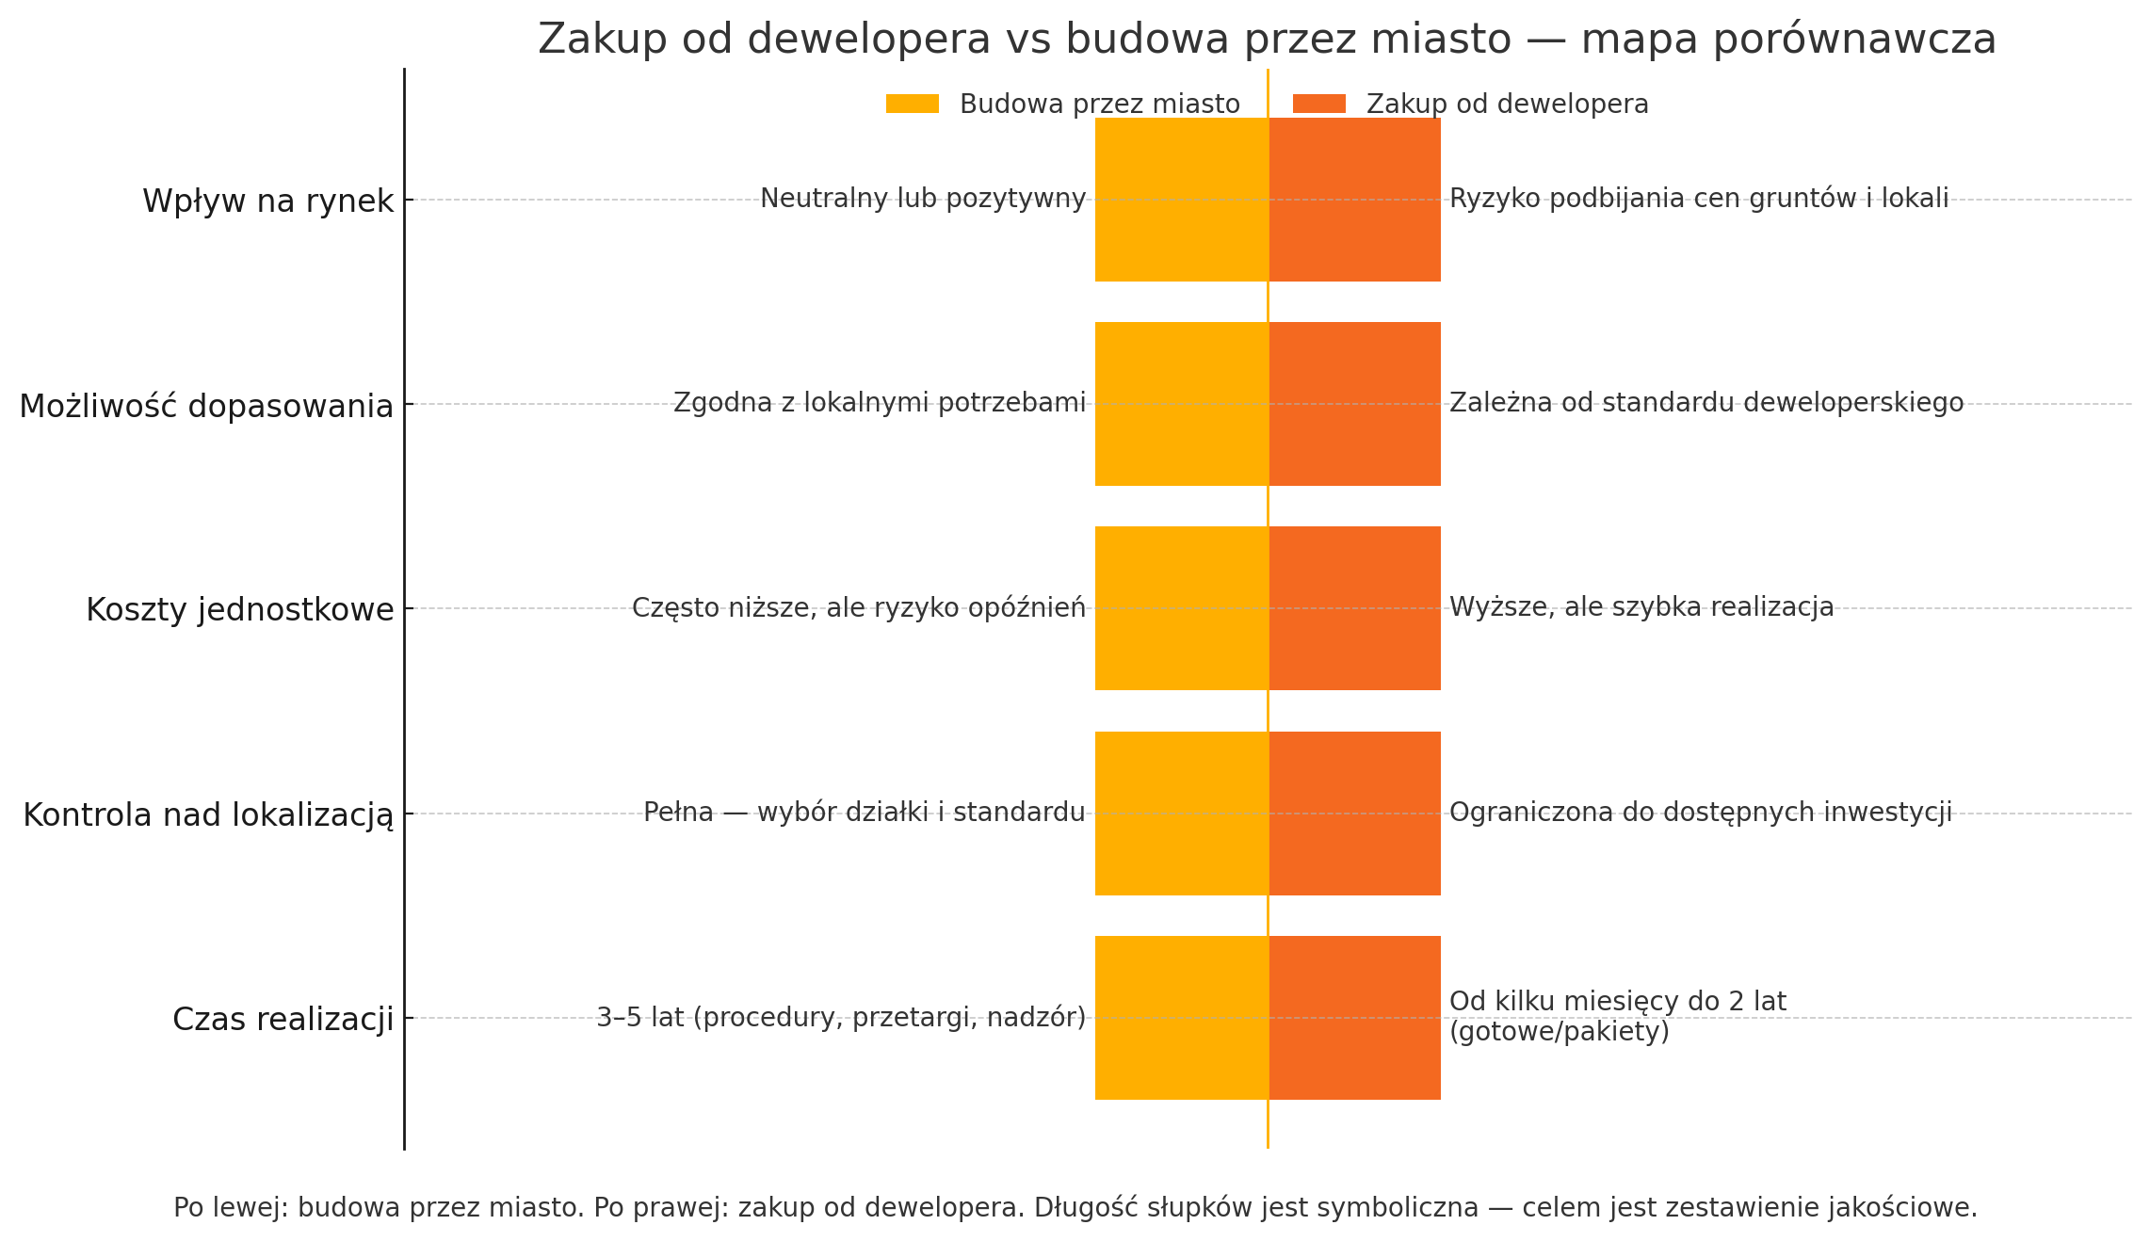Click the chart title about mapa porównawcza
pyautogui.click(x=1267, y=40)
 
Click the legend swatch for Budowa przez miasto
pyautogui.click(x=912, y=104)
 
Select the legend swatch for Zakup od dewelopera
pyautogui.click(x=1318, y=104)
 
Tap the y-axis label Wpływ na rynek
pyautogui.click(x=267, y=201)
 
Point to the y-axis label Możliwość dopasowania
pyautogui.click(x=206, y=407)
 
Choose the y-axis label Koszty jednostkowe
pyautogui.click(x=239, y=610)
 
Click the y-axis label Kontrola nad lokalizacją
pyautogui.click(x=208, y=815)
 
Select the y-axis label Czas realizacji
pyautogui.click(x=283, y=1020)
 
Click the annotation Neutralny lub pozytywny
pyautogui.click(x=923, y=199)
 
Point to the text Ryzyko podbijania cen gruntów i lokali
pyautogui.click(x=1699, y=199)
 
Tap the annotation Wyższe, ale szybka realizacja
pyautogui.click(x=1641, y=607)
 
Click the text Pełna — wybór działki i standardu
pyautogui.click(x=864, y=812)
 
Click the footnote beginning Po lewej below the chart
pyautogui.click(x=1075, y=1208)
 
